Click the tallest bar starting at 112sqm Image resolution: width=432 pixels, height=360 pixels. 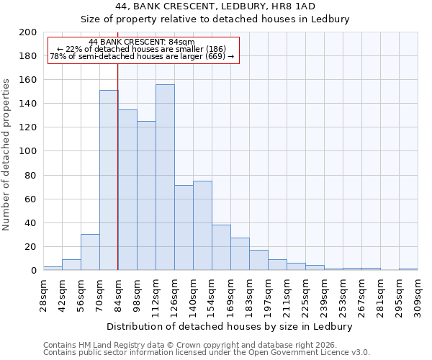click(x=165, y=177)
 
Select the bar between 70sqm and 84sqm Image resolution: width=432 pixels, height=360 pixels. click(x=109, y=180)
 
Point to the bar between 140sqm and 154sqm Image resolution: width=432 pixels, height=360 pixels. click(x=202, y=225)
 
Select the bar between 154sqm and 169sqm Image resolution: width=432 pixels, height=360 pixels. click(x=221, y=248)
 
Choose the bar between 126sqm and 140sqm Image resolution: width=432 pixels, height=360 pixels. click(x=184, y=228)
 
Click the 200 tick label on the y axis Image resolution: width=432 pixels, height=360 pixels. click(x=28, y=32)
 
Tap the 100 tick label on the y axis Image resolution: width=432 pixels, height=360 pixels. click(x=28, y=151)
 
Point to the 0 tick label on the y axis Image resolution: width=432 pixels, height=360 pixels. click(x=33, y=271)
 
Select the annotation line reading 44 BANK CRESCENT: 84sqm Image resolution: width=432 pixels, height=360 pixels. click(x=142, y=42)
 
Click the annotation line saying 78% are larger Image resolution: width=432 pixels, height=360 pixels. click(x=142, y=57)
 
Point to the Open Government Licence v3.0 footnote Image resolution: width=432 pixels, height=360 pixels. click(x=207, y=352)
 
